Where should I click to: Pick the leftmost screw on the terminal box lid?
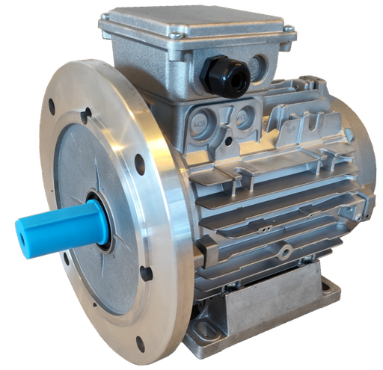coord(102,20)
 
